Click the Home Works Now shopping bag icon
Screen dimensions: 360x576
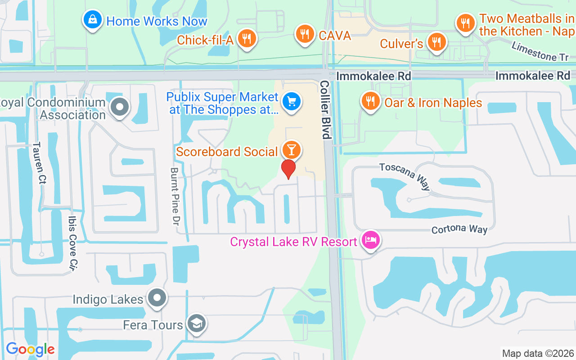92,20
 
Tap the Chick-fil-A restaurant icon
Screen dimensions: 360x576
247,39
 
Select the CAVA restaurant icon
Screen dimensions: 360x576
305,34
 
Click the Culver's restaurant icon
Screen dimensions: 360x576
436,42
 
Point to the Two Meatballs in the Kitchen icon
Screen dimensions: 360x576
465,23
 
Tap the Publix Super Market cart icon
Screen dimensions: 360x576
292,102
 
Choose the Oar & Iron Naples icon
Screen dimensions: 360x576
370,102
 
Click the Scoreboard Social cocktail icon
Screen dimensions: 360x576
291,150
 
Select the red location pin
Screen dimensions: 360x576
288,169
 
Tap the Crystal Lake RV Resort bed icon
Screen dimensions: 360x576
370,240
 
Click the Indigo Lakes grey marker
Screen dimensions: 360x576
157,297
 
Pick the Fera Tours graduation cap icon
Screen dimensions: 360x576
197,324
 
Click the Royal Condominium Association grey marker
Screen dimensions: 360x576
120,108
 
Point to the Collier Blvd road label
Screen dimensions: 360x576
325,110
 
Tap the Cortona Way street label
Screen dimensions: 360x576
459,229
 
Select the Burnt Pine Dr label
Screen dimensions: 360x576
174,196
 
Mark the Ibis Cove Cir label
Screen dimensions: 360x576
72,243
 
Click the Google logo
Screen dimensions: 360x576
30,349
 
